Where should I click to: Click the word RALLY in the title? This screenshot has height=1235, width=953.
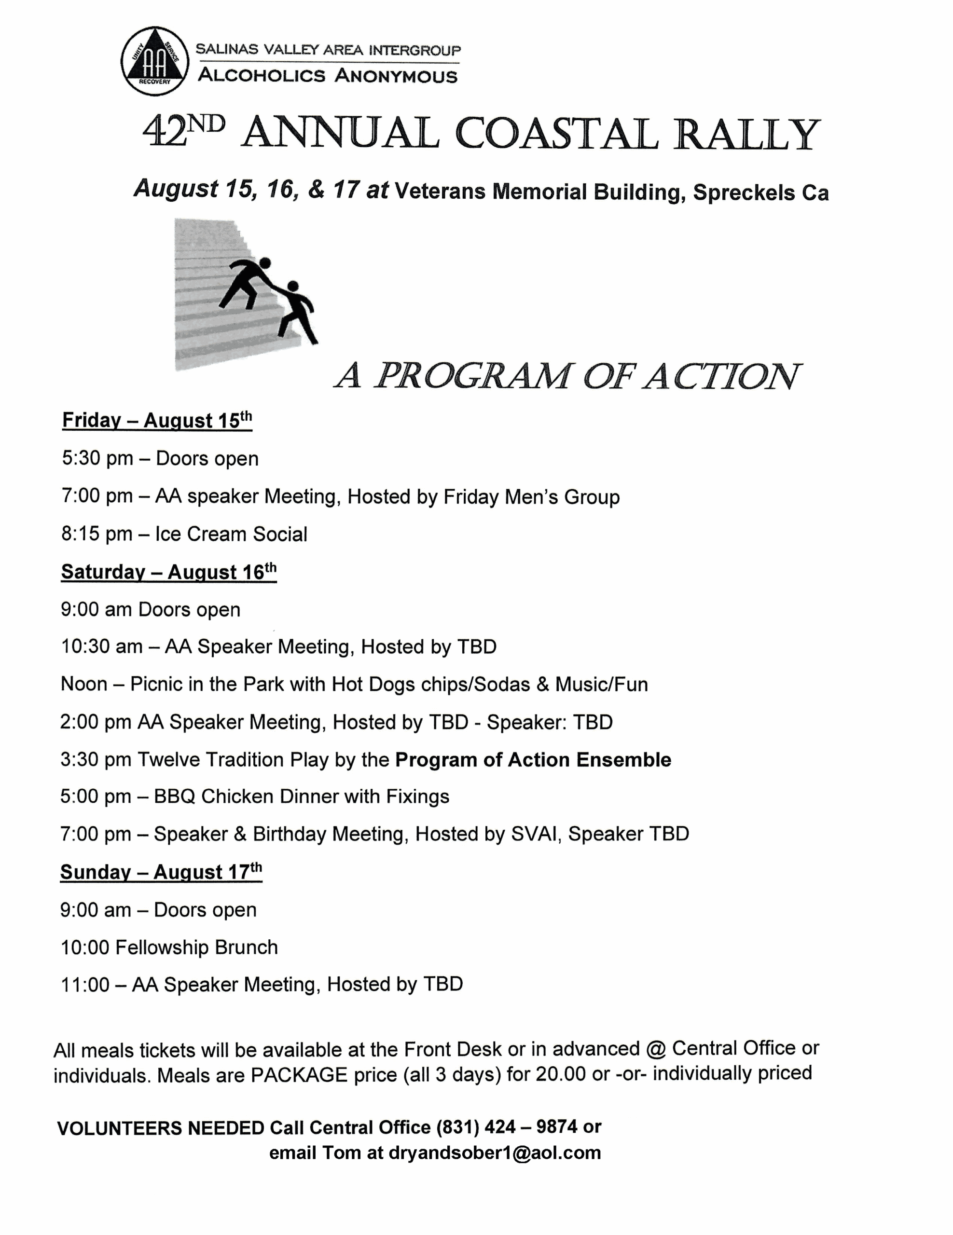746,135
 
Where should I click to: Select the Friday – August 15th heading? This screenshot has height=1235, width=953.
157,421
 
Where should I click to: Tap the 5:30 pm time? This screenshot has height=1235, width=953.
97,459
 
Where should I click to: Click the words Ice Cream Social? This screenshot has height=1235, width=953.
231,535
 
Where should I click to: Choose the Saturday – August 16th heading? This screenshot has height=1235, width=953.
168,572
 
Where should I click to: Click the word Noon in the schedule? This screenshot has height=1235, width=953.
83,685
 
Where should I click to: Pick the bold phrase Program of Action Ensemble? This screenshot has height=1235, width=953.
533,760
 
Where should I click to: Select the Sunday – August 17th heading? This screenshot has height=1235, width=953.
161,872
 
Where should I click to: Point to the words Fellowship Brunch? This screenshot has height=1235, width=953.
196,947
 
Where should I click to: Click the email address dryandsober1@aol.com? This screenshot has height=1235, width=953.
494,1153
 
